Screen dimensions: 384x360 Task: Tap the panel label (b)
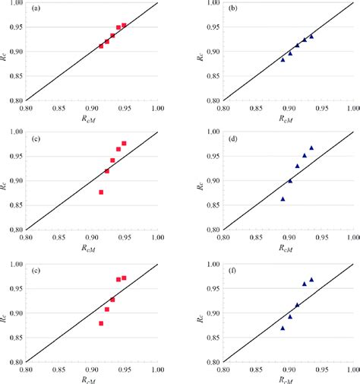234,9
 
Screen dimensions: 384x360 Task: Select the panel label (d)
234,139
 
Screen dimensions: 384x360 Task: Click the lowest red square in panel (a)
101,46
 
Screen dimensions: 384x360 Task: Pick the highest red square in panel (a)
124,25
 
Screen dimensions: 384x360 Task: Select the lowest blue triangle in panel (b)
283,59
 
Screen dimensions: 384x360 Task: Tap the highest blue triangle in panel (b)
311,36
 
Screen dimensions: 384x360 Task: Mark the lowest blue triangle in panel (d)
283,198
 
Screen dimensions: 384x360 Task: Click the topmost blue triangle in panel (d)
311,148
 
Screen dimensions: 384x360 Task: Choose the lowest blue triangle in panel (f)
283,328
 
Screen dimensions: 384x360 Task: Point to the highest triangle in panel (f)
311,279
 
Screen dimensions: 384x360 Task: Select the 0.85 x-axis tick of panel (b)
255,108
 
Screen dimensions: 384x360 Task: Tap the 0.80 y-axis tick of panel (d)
210,230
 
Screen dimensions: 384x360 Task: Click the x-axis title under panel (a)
91,119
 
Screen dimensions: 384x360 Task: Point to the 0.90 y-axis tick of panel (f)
210,313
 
